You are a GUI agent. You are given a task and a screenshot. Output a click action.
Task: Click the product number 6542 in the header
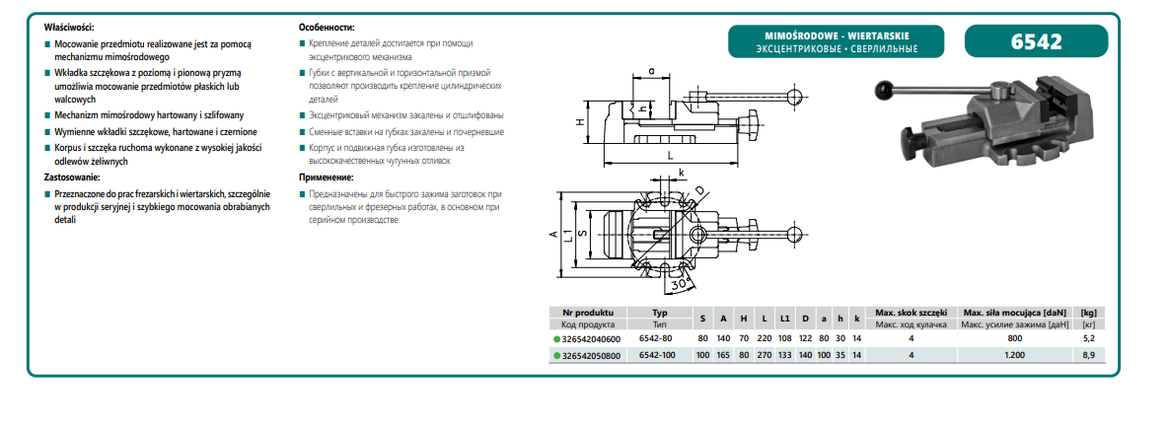1036,42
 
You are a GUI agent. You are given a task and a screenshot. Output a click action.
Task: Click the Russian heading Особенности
326,27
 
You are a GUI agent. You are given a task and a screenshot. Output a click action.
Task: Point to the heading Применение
326,177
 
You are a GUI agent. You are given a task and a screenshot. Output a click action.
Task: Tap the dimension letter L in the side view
669,156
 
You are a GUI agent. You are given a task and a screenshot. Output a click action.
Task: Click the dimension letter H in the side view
581,121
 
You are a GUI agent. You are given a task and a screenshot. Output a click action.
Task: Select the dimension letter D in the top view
698,190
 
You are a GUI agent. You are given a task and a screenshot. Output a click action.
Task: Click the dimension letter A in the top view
554,235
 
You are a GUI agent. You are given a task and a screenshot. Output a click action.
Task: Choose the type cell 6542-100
660,356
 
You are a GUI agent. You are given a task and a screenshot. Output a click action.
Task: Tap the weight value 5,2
1089,338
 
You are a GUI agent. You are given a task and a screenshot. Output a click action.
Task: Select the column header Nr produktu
588,311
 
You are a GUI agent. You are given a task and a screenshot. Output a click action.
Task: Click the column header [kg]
1089,311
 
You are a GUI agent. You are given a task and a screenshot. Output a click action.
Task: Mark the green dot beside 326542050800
556,357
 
